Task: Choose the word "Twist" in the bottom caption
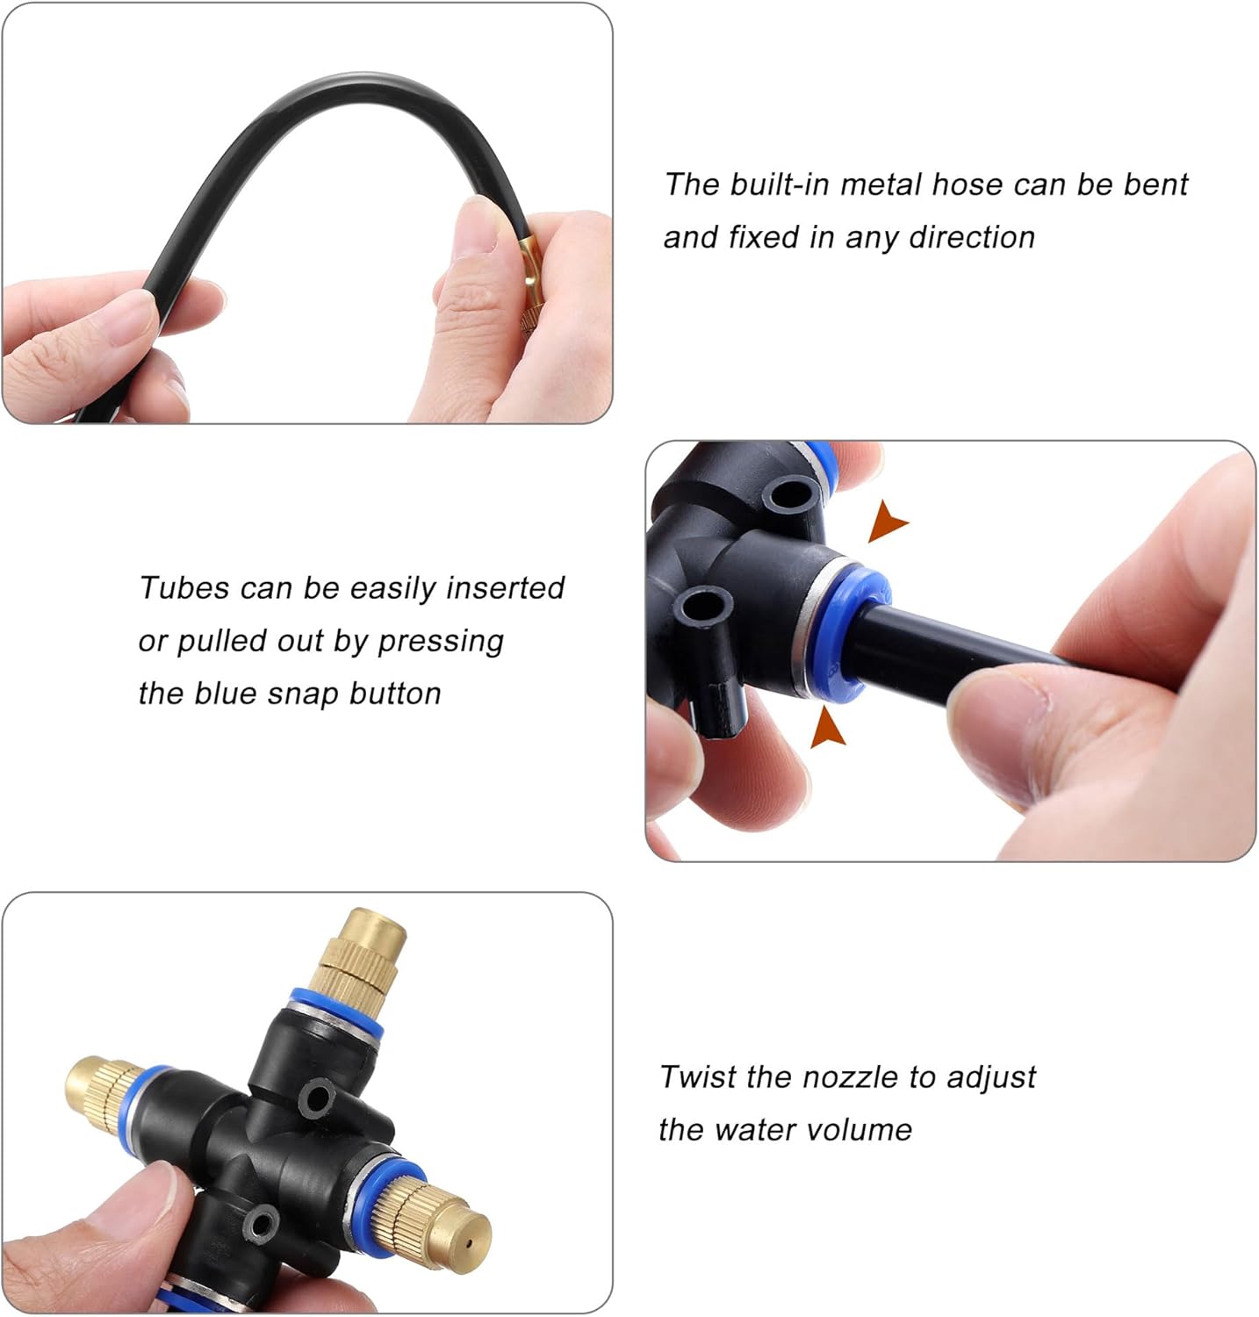point(698,1076)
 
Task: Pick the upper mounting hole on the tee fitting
point(787,494)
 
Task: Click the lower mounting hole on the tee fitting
point(704,606)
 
